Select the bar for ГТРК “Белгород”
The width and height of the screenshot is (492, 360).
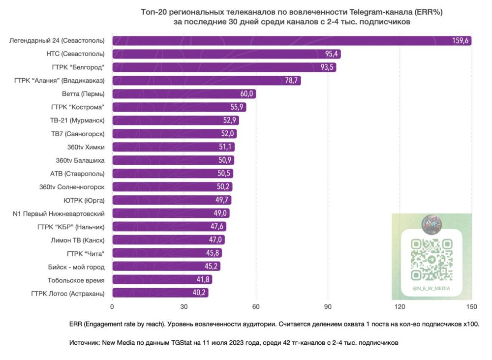click(224, 67)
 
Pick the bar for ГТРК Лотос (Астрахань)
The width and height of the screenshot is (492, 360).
click(160, 293)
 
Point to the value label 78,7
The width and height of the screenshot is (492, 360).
click(292, 81)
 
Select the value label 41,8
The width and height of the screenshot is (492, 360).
click(203, 280)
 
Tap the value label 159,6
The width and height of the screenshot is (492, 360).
click(460, 41)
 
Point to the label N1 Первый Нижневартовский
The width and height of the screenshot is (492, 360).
click(59, 213)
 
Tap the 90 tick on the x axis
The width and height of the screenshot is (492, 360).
click(328, 307)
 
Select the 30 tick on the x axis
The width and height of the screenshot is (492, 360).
click(184, 307)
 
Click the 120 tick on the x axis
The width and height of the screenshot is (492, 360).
click(400, 307)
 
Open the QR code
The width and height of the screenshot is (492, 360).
click(431, 259)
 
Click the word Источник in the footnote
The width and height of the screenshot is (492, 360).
click(84, 342)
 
